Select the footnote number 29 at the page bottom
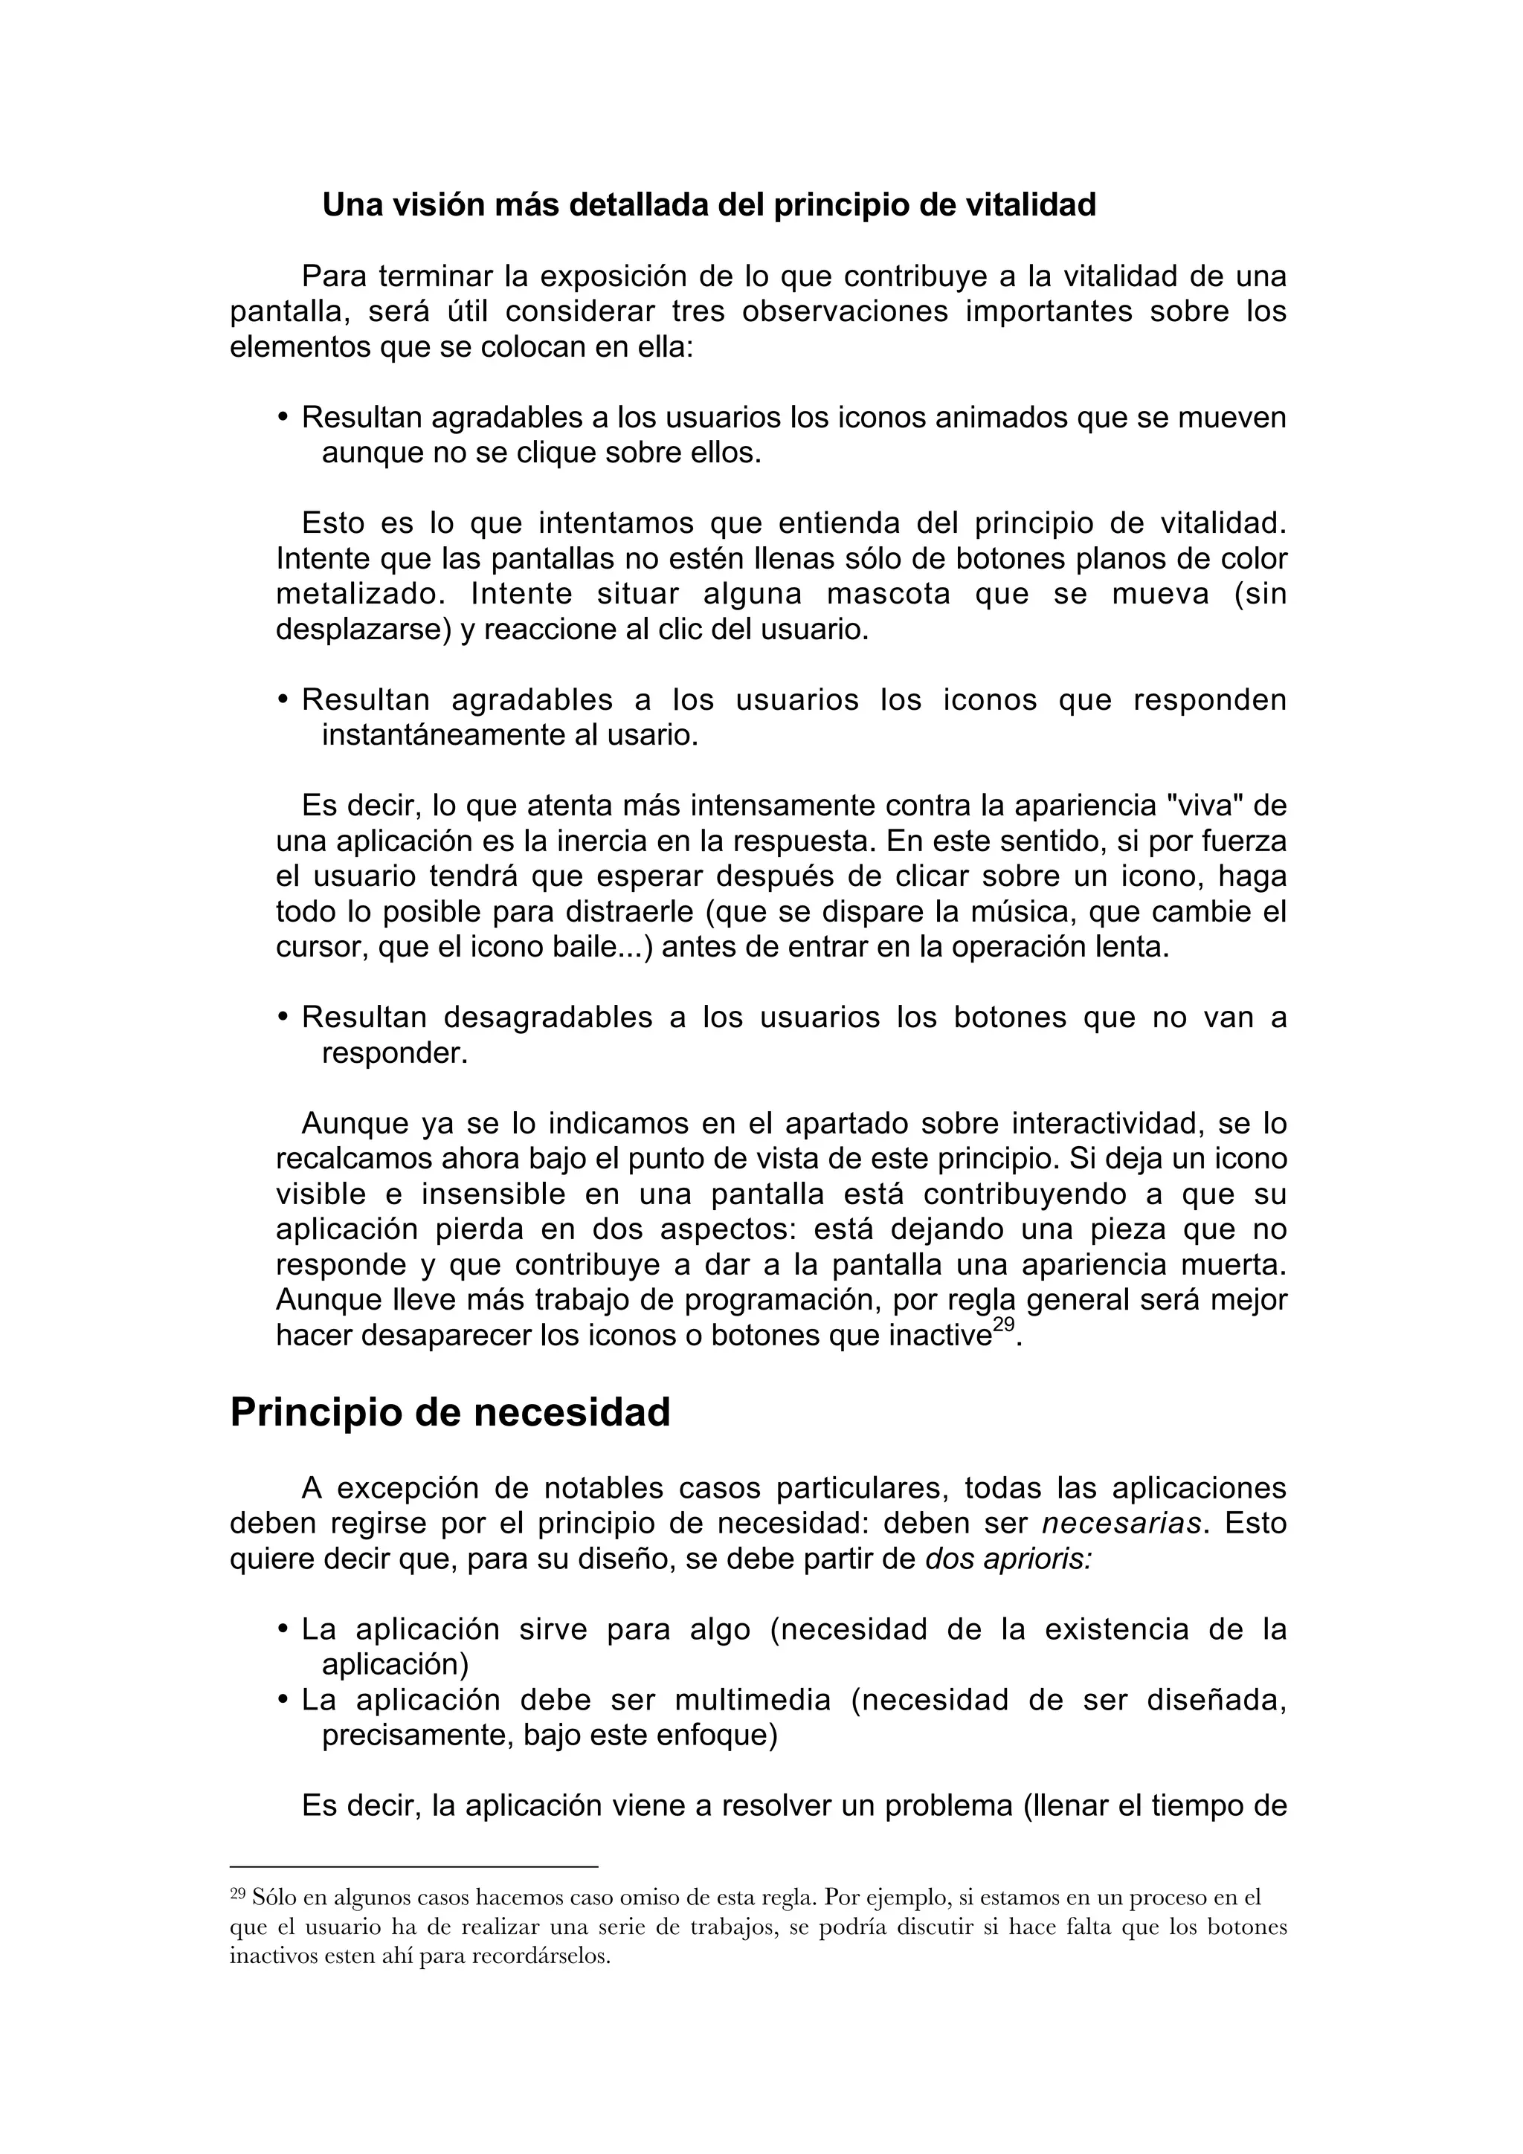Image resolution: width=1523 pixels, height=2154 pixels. [x=237, y=1893]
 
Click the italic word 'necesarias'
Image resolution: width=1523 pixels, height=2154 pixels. [x=1121, y=1524]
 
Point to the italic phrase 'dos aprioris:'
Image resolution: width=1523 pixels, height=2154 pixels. [x=1009, y=1559]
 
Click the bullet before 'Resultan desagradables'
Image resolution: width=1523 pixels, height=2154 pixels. [x=283, y=1018]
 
